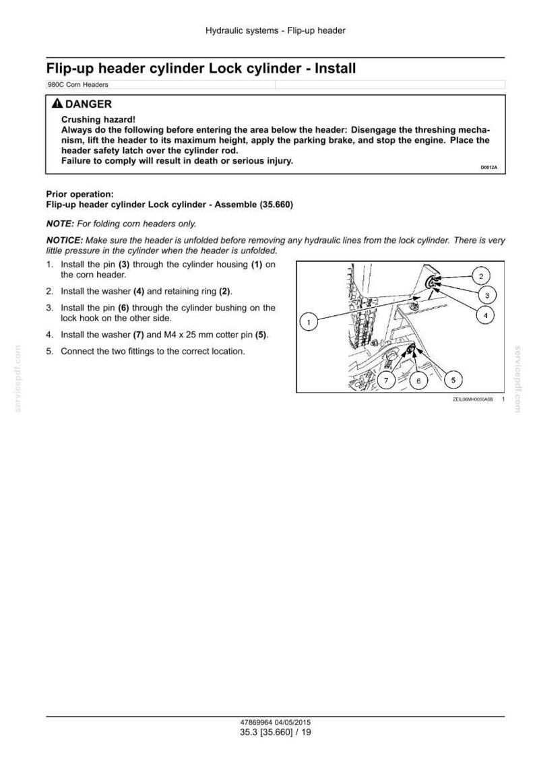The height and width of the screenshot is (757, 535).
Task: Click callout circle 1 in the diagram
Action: tap(309, 321)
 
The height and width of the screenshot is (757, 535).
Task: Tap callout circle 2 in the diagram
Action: tap(481, 276)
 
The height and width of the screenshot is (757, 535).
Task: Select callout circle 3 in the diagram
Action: tap(486, 296)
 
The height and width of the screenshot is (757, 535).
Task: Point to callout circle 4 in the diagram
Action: tap(485, 315)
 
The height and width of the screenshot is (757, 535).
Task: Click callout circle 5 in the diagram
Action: tap(453, 379)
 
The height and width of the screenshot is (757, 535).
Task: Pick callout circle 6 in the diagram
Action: tap(418, 381)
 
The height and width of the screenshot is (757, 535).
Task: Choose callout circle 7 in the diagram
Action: tap(386, 381)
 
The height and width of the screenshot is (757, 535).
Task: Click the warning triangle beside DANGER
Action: tap(57, 103)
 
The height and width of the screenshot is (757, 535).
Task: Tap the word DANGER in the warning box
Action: tap(88, 104)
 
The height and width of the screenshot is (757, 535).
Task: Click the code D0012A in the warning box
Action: tap(489, 168)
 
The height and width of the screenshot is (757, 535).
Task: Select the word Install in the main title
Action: tap(335, 68)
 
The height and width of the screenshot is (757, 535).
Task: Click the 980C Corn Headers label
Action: tap(77, 84)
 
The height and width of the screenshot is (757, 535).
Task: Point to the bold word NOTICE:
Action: tap(65, 240)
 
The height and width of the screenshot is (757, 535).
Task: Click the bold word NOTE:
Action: tap(61, 224)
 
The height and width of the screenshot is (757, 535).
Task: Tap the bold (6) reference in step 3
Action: tap(123, 308)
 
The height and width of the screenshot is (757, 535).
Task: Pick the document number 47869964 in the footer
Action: tap(256, 723)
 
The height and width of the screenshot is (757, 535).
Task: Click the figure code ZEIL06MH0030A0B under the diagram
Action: tap(473, 400)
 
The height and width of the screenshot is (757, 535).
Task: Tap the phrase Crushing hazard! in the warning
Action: tap(98, 120)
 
